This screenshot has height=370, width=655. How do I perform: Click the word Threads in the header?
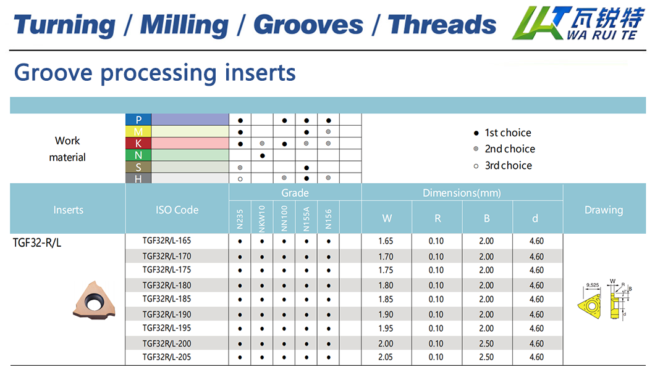click(442, 25)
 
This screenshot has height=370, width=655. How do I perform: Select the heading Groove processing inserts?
click(154, 72)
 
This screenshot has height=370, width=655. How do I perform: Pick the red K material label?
click(138, 144)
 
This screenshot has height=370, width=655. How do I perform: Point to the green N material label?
click(138, 155)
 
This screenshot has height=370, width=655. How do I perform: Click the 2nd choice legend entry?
click(504, 149)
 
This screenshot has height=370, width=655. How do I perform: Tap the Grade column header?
click(295, 193)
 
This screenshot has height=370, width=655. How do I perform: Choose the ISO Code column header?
click(177, 210)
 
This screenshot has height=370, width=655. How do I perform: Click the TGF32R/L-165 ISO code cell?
click(167, 240)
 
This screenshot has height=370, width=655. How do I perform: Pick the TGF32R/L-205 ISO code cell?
click(167, 357)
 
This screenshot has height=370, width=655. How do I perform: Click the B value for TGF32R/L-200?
click(486, 343)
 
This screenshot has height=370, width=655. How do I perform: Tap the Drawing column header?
click(603, 210)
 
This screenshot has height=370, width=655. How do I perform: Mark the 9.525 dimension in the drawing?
click(592, 285)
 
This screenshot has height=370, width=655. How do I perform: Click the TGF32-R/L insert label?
click(37, 242)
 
